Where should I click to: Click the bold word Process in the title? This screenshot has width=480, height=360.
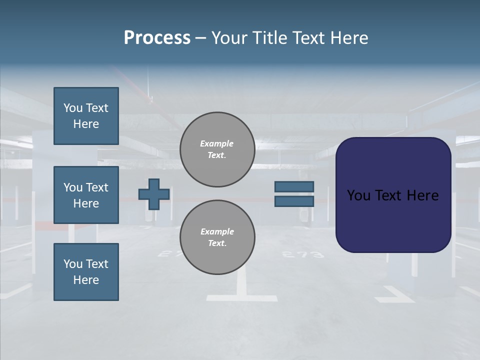(157, 38)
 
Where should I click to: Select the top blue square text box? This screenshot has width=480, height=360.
(86, 116)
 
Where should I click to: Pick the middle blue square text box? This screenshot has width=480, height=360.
(86, 195)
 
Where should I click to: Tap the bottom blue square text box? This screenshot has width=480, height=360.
(86, 272)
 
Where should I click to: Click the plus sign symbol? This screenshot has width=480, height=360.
(154, 194)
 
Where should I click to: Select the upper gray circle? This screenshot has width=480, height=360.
(217, 149)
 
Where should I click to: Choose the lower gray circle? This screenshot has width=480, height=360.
(217, 237)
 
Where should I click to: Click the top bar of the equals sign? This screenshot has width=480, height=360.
(294, 186)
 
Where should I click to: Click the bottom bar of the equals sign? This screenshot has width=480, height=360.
(294, 201)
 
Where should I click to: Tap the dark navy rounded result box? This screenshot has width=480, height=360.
(393, 220)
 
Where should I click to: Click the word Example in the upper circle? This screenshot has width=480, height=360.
(217, 143)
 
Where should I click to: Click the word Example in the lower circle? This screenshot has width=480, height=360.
(217, 231)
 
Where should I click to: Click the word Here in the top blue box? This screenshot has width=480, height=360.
(86, 124)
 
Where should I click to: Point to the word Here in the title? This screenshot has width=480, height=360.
(348, 38)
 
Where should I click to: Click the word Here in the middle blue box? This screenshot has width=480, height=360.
(86, 203)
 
